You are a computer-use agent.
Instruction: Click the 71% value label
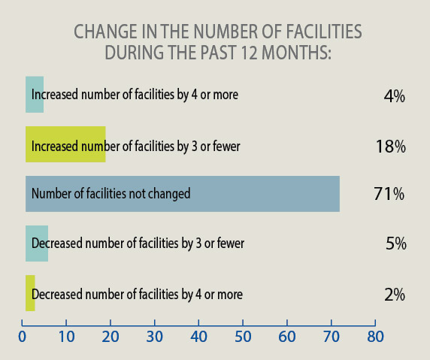[x=389, y=194]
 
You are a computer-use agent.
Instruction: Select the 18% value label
[x=390, y=147]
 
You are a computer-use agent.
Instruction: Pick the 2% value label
[x=394, y=295]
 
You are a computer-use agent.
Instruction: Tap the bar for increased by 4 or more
[x=34, y=95]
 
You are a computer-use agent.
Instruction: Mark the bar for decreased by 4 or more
[x=30, y=293]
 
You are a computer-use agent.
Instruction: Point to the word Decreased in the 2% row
[x=56, y=295]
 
